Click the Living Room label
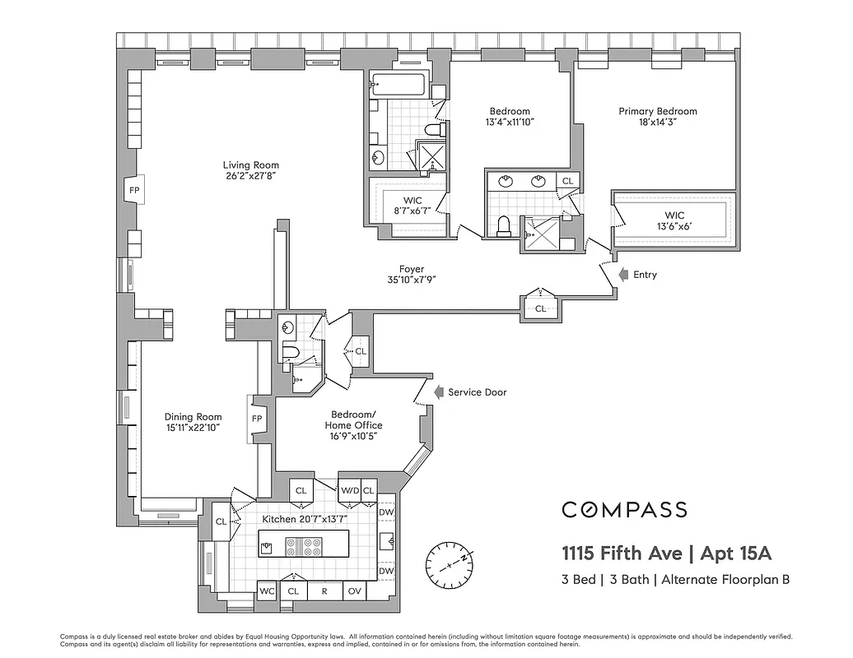[x=250, y=165]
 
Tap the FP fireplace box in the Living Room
[x=134, y=190]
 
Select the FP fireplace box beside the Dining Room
[x=256, y=418]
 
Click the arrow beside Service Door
[x=439, y=392]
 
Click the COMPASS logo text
[x=624, y=510]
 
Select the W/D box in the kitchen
[x=349, y=490]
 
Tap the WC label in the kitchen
[x=267, y=591]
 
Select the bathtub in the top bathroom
[x=398, y=83]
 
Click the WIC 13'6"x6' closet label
[x=674, y=221]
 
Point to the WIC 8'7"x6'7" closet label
[x=412, y=206]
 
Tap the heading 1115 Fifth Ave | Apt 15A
[x=666, y=552]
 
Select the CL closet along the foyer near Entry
[x=540, y=308]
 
